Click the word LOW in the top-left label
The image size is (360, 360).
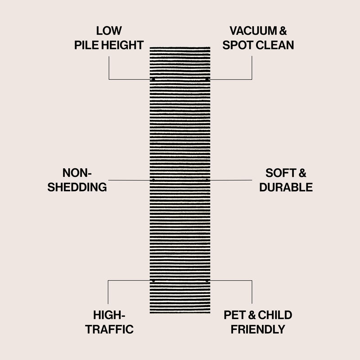(x=109, y=31)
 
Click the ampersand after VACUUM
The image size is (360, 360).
(x=283, y=31)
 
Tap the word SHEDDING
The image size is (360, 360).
(x=77, y=187)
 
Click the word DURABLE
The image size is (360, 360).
(x=286, y=187)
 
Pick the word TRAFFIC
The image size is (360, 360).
(x=110, y=329)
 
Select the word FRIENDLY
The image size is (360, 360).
(x=258, y=329)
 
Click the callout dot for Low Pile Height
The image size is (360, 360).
(x=153, y=80)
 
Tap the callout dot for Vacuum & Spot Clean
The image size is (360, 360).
(x=207, y=80)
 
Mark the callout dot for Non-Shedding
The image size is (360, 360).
(x=153, y=180)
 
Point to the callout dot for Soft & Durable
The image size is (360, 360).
(x=207, y=180)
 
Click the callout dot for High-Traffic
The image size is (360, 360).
(x=153, y=281)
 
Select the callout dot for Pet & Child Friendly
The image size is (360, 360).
(x=207, y=281)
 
